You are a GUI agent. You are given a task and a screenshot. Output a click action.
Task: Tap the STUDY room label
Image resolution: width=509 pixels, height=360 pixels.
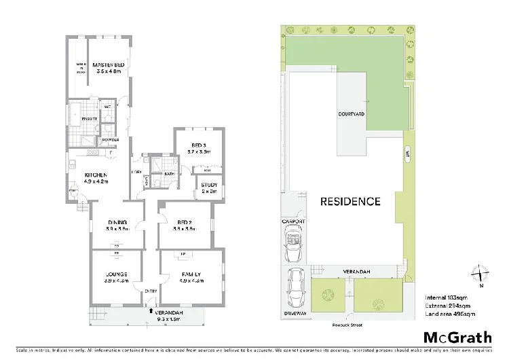pos(208,187)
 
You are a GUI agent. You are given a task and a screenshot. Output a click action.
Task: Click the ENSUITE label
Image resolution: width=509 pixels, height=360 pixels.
pos(90,119)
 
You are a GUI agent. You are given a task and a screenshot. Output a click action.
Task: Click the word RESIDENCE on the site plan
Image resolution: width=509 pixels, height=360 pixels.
pos(350,202)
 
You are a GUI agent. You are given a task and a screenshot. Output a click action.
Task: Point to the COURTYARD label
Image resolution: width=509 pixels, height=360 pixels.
pos(352,114)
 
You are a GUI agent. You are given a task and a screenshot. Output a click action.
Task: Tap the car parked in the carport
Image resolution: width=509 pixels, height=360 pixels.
pos(295,245)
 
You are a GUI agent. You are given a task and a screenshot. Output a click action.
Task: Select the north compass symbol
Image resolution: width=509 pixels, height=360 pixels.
pos(481,274)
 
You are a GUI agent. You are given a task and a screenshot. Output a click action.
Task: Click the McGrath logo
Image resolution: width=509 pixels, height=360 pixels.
pos(458,337)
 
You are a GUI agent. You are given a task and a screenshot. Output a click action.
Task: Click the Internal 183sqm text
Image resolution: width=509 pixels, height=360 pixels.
pos(446,297)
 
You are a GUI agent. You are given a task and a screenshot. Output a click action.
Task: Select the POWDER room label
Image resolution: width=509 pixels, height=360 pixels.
pos(111,140)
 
